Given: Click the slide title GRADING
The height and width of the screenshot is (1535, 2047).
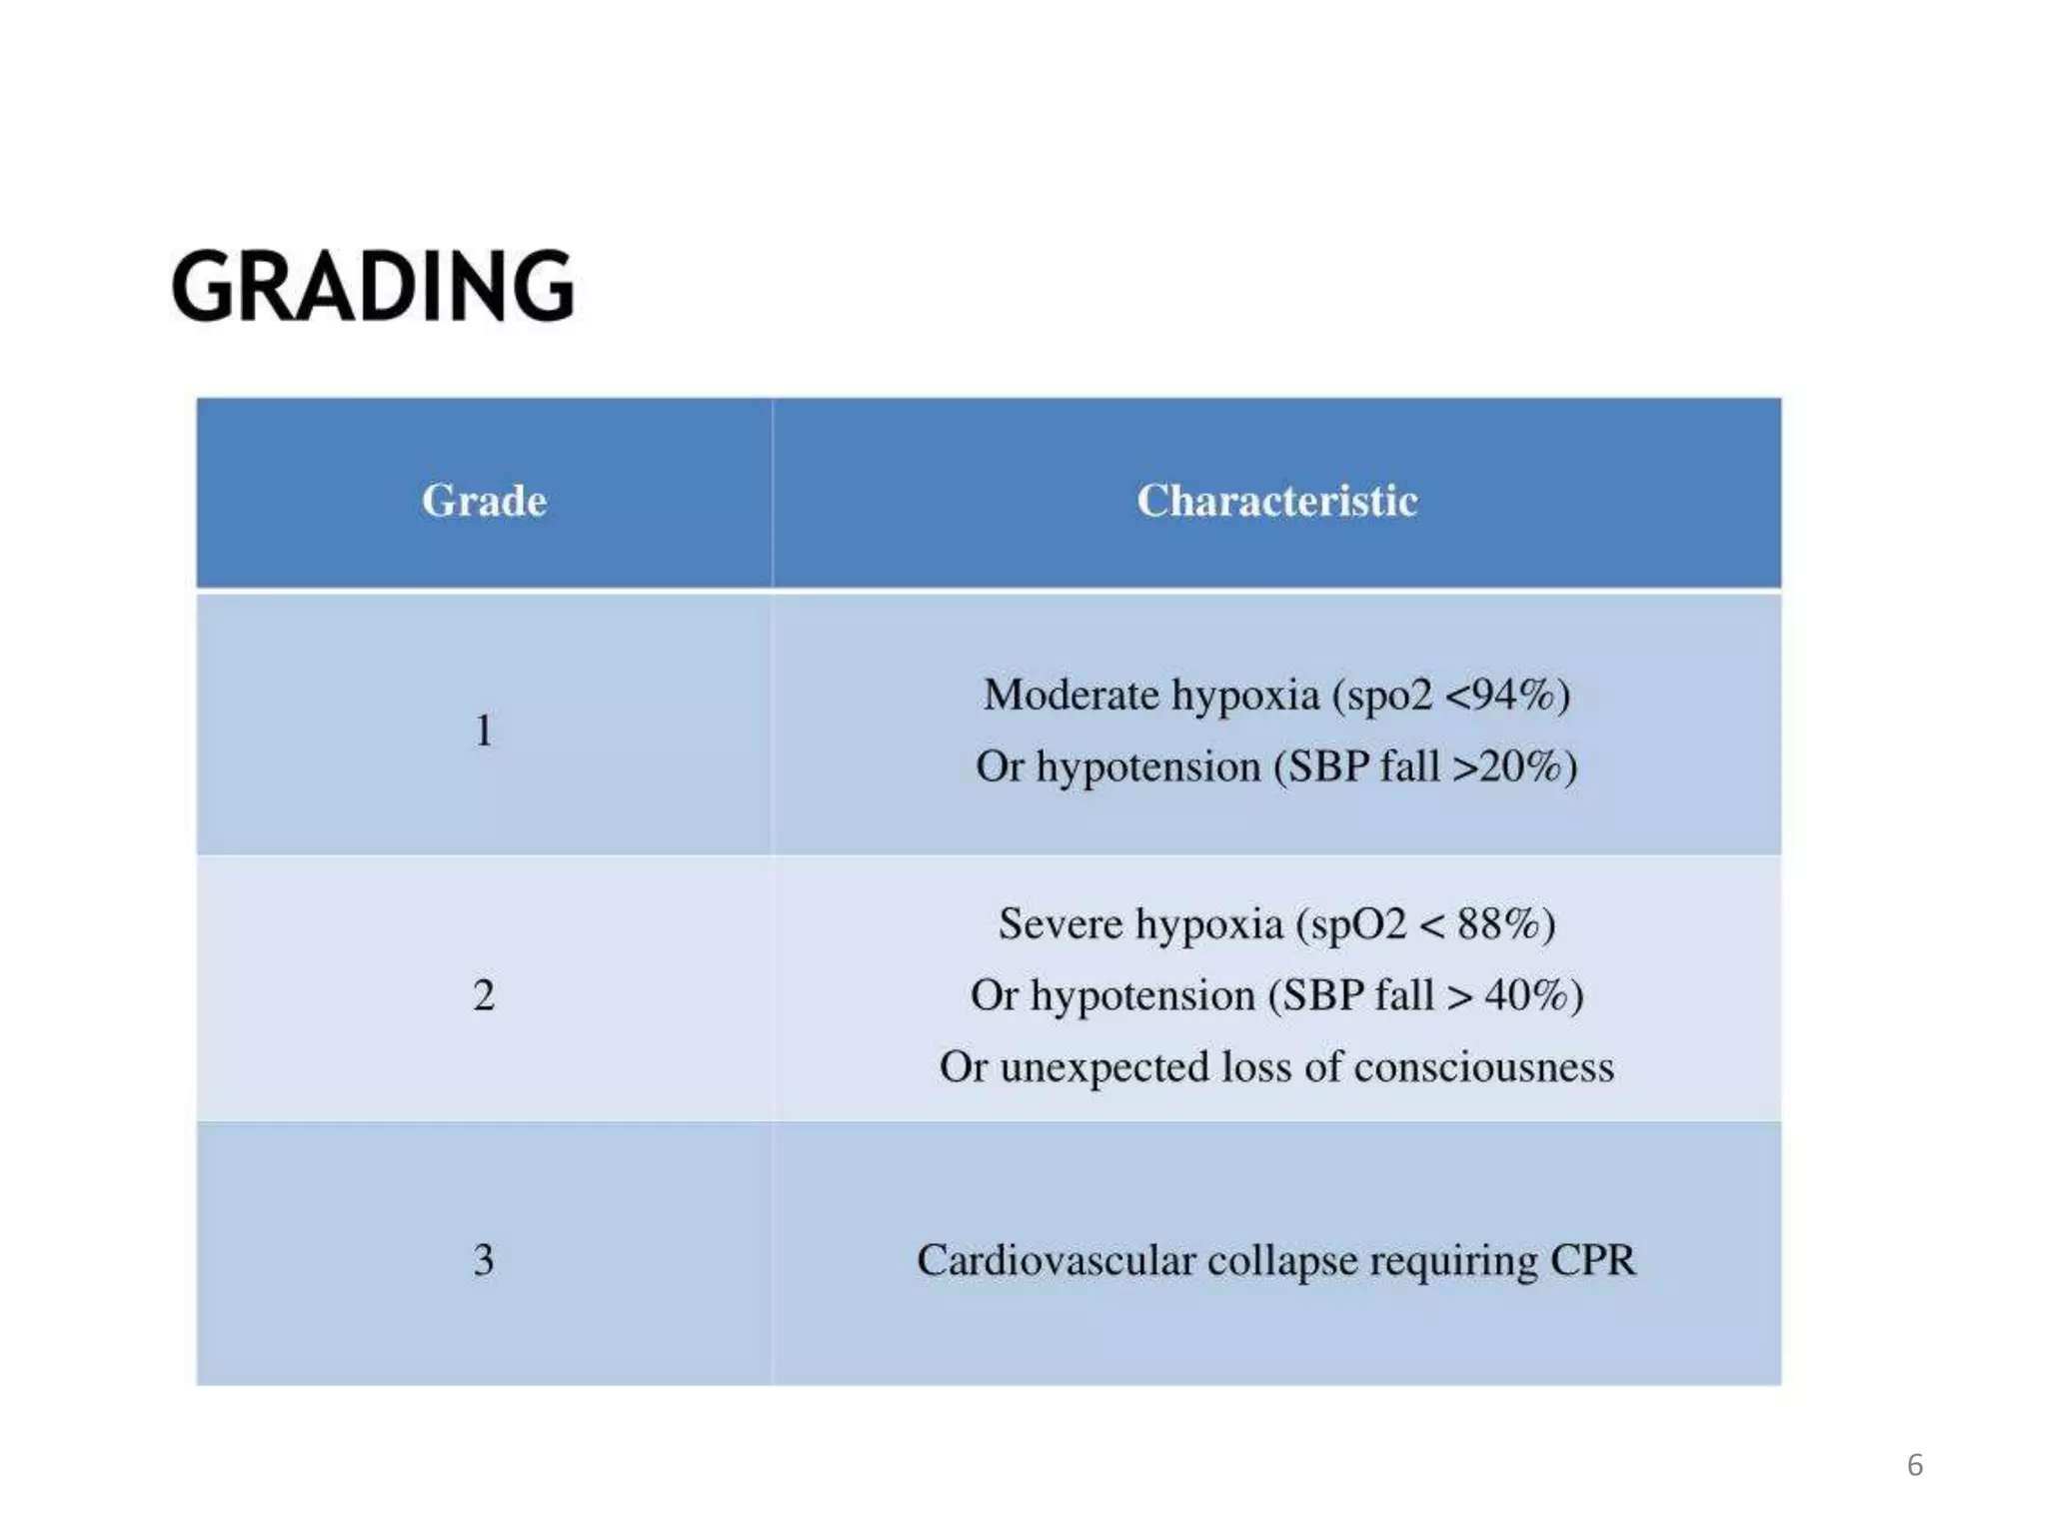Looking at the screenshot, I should [373, 286].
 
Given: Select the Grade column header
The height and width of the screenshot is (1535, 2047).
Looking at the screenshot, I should [484, 501].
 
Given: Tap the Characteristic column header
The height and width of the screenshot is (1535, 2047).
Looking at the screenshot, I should [1276, 501].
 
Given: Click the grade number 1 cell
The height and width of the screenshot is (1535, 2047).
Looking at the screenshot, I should [484, 731].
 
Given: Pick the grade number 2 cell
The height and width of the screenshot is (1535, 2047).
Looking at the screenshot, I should [484, 995].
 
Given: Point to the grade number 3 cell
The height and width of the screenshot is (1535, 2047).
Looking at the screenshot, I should [484, 1260].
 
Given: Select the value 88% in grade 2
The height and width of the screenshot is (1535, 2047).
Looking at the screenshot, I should [1497, 923].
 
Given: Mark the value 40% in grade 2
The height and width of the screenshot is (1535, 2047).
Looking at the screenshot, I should [1525, 995].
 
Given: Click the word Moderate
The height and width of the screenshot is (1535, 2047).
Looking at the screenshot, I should [1070, 695].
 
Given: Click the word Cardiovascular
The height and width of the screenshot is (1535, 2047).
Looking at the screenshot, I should [1055, 1260].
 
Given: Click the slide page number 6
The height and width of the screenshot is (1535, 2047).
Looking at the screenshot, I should [1914, 1465].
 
